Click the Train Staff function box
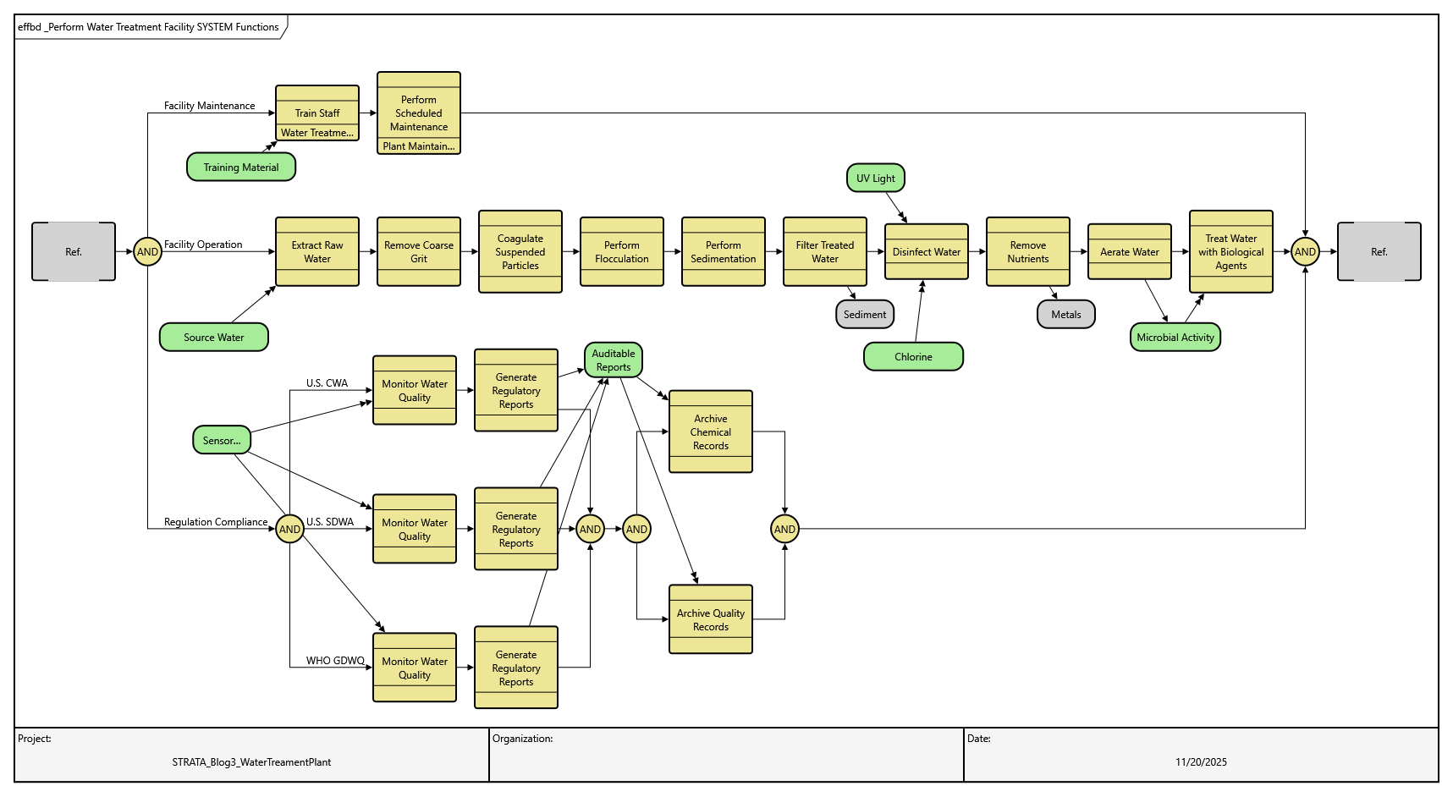tap(317, 113)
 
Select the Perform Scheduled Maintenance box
tap(419, 113)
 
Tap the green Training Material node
tap(241, 167)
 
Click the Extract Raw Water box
tap(317, 251)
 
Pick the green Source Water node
tap(214, 337)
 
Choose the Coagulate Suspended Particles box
tap(520, 251)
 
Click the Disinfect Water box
tap(927, 251)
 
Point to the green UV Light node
tap(876, 178)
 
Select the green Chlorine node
tap(913, 356)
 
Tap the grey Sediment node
tap(865, 314)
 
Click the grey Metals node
tap(1066, 314)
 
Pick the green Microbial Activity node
tap(1175, 337)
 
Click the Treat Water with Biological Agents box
tap(1231, 251)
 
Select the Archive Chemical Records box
tap(711, 431)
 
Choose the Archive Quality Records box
tap(711, 619)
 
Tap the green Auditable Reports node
tap(614, 360)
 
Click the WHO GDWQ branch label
tap(335, 661)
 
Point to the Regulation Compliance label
tap(216, 522)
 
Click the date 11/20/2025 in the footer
tap(1201, 761)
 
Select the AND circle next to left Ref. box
tap(148, 251)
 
